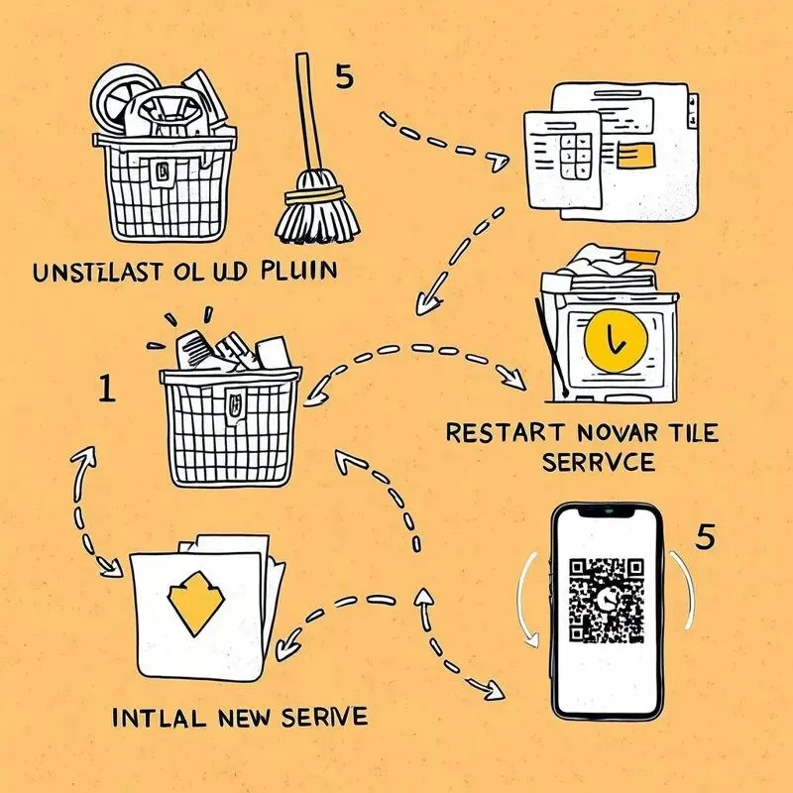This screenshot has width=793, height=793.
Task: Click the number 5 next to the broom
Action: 344,75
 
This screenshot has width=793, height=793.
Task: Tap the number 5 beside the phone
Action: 705,536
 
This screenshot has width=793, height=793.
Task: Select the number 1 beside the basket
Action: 108,388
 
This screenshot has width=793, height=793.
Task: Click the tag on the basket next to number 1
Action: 233,403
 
